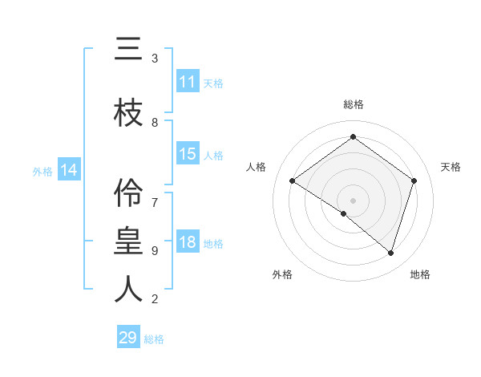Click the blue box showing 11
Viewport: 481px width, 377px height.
(188, 82)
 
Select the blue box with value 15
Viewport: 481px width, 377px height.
(188, 155)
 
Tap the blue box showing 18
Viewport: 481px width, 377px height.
(188, 243)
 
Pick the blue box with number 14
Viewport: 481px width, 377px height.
(69, 170)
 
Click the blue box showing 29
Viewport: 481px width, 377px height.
(128, 338)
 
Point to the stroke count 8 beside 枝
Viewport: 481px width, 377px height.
(155, 123)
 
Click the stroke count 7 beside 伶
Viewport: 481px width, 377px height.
(155, 195)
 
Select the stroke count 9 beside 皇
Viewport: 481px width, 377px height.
(155, 250)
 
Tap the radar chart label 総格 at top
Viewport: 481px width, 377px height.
(353, 104)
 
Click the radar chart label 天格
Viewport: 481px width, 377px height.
(451, 167)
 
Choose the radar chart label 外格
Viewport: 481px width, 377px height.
(282, 274)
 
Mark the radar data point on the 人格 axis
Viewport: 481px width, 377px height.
(293, 181)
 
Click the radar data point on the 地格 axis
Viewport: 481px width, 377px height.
(390, 253)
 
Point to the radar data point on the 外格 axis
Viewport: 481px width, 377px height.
(344, 213)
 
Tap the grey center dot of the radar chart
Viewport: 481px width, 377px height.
(353, 200)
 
